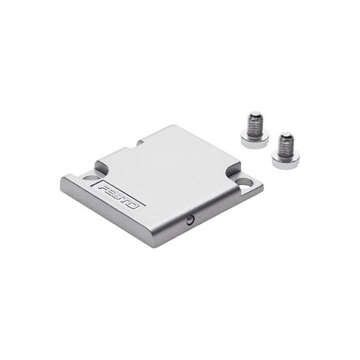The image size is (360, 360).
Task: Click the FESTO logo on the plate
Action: tap(119, 194)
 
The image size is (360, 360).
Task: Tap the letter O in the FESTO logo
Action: tap(134, 205)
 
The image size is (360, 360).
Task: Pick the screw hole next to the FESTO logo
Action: tap(91, 178)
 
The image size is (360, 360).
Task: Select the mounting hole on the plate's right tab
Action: tap(244, 183)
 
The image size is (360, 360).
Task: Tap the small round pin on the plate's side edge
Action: tap(190, 220)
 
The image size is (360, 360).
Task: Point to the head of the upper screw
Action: tap(255, 139)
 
